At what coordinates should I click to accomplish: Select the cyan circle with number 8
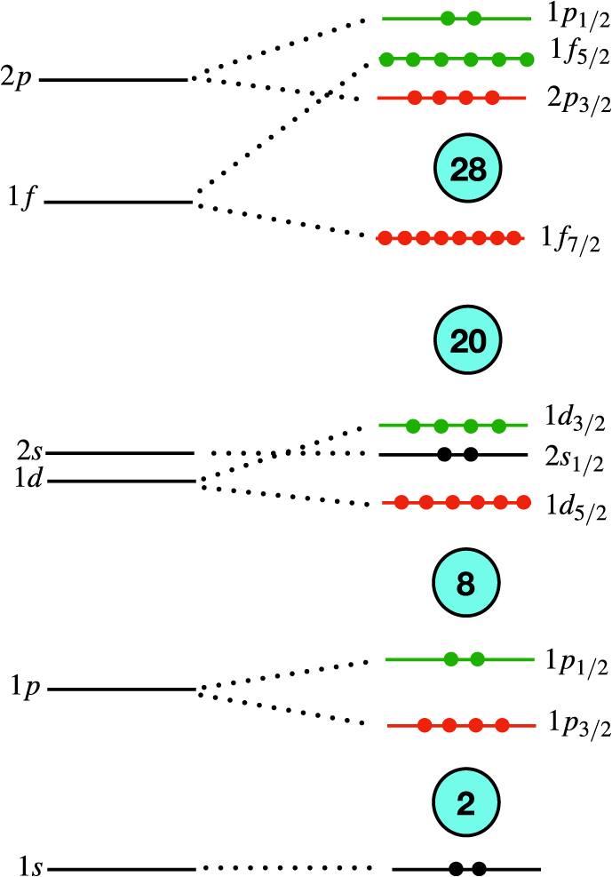[x=467, y=584]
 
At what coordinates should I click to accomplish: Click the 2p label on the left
[x=19, y=81]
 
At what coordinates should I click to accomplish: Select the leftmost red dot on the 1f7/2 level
[x=385, y=238]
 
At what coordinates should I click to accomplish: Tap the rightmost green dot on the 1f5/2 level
[x=527, y=60]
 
